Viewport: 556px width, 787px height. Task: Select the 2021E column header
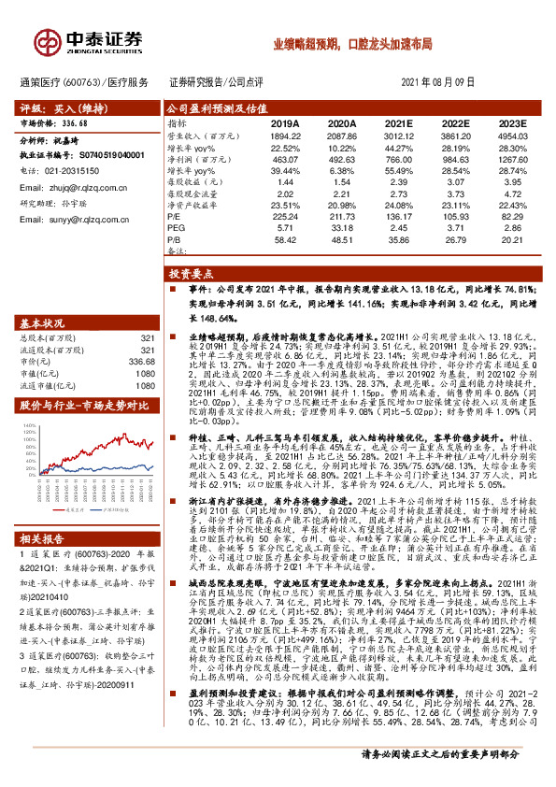pyautogui.click(x=398, y=122)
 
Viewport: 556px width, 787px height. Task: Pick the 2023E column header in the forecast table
pyautogui.click(x=512, y=122)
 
